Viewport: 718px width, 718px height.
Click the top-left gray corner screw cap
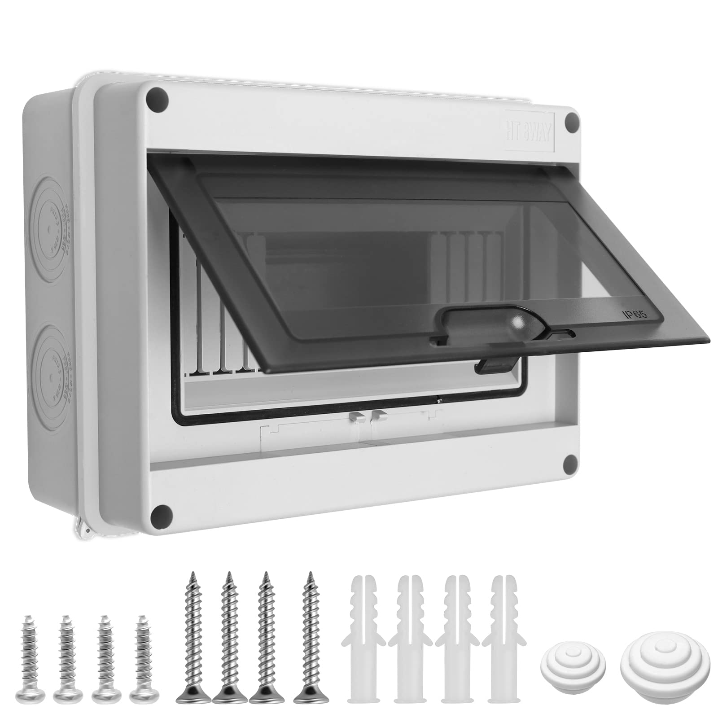[159, 97]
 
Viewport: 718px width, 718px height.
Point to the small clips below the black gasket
[367, 416]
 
